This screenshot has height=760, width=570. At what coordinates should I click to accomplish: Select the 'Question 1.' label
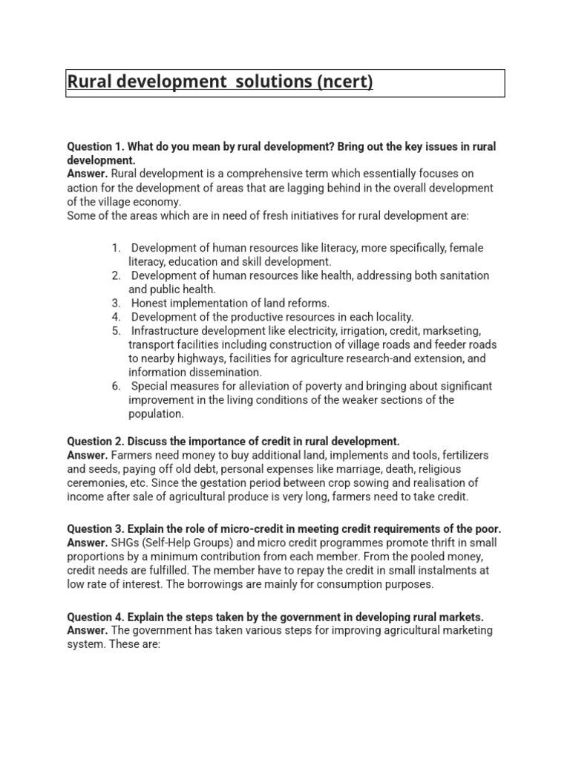pos(96,147)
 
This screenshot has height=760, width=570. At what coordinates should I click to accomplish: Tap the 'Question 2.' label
pos(96,441)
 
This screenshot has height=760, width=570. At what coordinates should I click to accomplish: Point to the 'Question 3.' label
pos(96,529)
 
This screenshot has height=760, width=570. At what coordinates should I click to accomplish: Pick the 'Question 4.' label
pos(96,617)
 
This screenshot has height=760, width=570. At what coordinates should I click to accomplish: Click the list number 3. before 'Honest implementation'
pos(117,303)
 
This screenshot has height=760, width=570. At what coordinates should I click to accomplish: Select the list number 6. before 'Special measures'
pos(117,386)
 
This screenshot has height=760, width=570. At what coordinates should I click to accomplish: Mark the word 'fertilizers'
pos(456,455)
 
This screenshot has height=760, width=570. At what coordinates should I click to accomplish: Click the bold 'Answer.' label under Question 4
pos(88,631)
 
